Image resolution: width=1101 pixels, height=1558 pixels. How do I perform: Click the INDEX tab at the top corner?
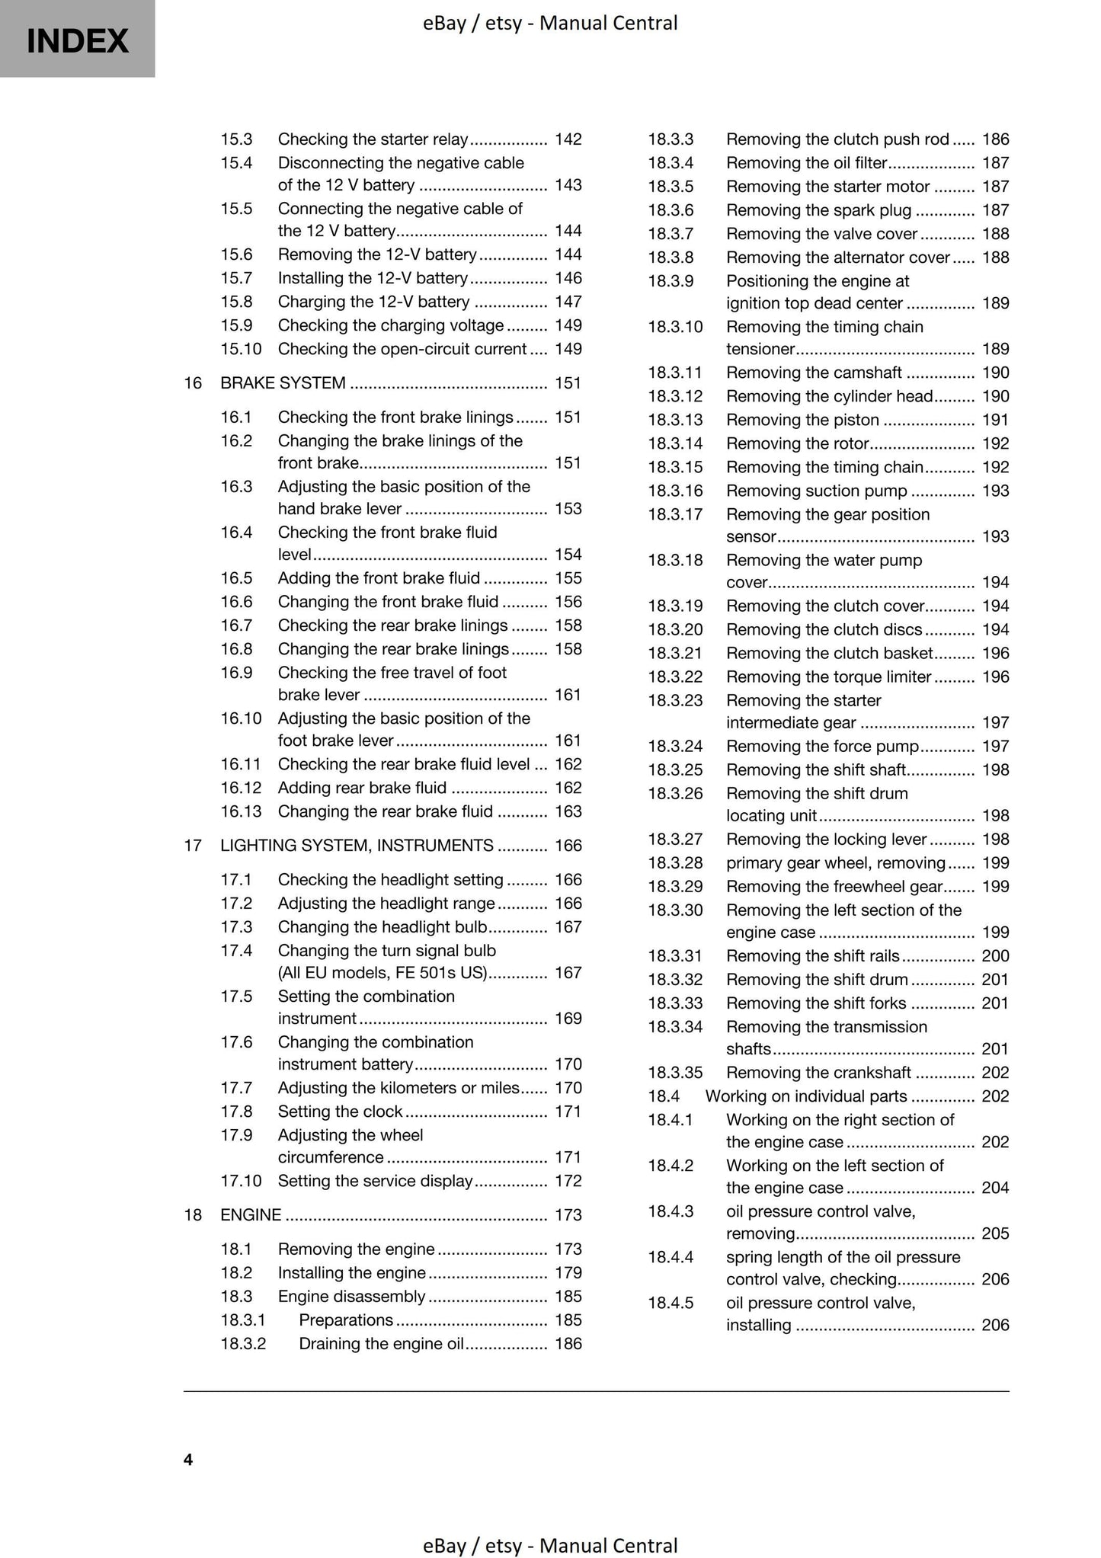77,40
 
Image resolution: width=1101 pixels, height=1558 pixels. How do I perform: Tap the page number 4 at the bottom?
188,1459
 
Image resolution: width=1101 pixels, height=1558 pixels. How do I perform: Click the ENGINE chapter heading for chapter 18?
251,1214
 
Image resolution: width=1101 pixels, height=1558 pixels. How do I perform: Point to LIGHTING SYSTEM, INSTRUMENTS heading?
357,845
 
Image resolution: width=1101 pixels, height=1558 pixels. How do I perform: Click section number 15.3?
236,139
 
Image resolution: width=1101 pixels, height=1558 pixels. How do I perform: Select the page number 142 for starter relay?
568,139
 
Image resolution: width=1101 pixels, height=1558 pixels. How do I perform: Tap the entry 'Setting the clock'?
340,1111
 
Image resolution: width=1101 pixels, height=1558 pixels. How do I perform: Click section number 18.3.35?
675,1072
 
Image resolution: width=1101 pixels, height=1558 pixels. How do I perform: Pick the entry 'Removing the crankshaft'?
818,1072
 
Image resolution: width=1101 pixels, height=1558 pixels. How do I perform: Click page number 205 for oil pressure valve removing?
995,1233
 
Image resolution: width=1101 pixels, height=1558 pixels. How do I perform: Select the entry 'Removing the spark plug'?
818,210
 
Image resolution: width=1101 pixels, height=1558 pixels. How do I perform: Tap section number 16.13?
241,811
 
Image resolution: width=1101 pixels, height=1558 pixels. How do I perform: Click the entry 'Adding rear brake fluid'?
362,787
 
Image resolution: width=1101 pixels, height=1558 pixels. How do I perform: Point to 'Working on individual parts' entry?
806,1096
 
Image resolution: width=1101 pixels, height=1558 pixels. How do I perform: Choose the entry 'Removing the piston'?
802,420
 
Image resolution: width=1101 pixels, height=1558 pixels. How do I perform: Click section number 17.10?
241,1180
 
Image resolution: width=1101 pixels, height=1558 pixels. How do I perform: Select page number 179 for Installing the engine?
568,1272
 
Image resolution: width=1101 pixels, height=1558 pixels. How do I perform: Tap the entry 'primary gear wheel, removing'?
835,862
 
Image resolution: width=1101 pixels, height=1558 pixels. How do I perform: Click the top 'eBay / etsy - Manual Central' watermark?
550,23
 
